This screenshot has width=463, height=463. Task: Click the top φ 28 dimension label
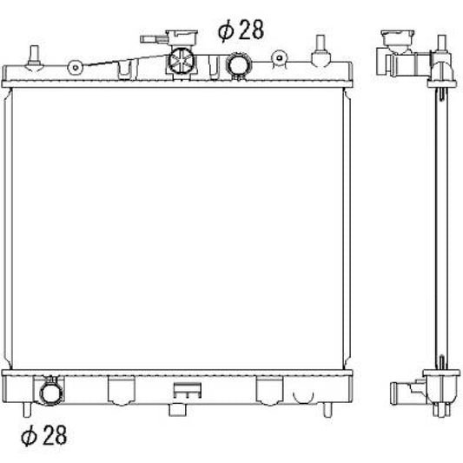click(x=241, y=30)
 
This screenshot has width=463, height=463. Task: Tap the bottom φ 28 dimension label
click(x=44, y=435)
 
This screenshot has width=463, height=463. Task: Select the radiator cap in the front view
click(x=182, y=37)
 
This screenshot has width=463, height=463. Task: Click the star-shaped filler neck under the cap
click(x=181, y=62)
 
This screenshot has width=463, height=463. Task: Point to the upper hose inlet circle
click(x=238, y=64)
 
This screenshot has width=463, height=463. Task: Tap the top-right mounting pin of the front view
click(x=321, y=50)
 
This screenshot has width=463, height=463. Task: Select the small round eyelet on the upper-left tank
click(x=76, y=68)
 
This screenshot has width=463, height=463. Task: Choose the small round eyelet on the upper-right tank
click(x=280, y=58)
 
